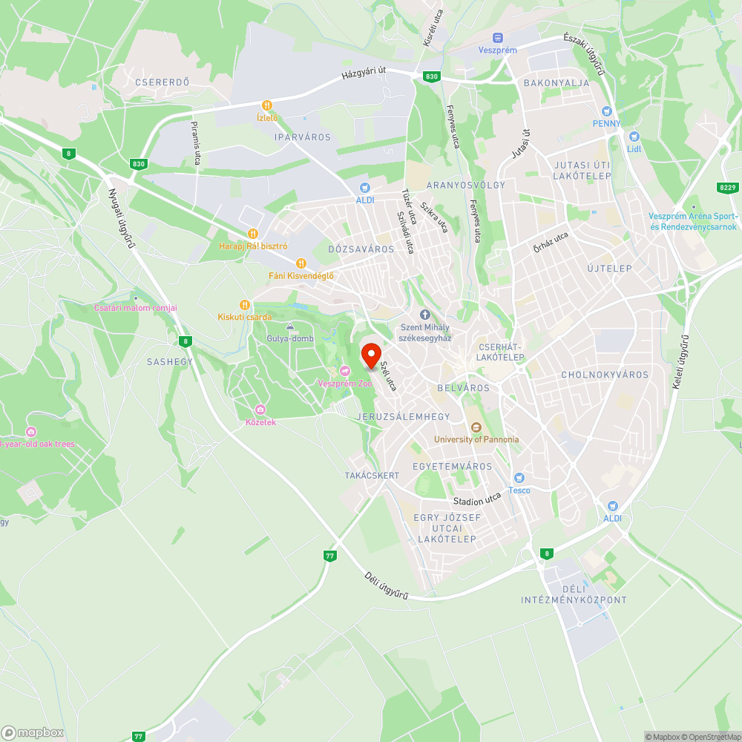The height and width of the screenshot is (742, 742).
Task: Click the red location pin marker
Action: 370,353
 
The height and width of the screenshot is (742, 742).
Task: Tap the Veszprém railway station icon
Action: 497,38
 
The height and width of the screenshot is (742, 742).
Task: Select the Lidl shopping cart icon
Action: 634,137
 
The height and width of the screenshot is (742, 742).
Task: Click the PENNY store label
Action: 606,123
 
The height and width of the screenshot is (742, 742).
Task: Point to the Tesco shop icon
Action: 519,477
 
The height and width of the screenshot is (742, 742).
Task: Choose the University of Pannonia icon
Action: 476,427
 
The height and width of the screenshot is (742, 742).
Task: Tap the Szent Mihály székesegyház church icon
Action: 425,315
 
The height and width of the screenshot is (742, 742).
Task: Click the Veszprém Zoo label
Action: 344,383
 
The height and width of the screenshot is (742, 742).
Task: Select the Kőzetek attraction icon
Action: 260,410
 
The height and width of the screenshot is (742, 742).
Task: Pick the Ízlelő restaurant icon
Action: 266,105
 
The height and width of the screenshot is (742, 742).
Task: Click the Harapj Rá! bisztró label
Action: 252,246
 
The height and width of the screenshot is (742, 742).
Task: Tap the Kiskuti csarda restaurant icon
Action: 245,304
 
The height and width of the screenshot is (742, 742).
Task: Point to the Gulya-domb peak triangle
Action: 290,326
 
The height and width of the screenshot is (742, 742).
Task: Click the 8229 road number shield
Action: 727,188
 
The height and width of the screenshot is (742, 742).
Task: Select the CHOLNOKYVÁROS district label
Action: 605,375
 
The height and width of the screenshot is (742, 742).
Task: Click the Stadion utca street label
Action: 478,502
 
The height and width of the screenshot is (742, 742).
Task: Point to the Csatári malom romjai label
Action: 136,308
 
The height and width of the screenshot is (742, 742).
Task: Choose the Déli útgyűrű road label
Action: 387,585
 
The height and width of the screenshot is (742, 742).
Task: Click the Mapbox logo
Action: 33,732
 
